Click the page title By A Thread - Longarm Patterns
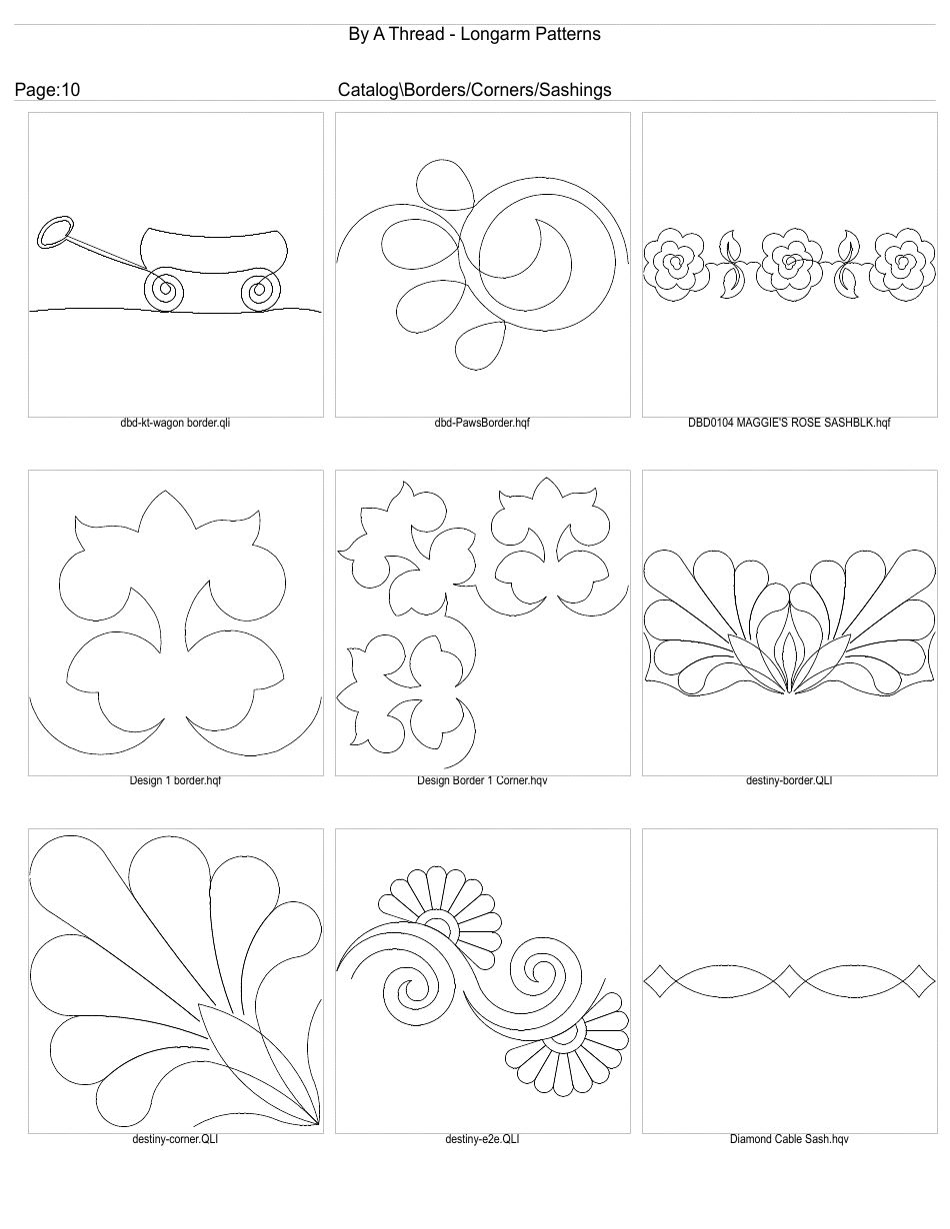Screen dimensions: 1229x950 (474, 34)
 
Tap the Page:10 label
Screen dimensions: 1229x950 (47, 90)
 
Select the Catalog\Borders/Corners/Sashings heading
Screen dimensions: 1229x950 (475, 90)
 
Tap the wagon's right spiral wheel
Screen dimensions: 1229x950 (259, 291)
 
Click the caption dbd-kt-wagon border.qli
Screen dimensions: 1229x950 (176, 423)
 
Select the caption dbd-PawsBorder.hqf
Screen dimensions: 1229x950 (482, 423)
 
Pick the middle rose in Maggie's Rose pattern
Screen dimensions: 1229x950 (790, 262)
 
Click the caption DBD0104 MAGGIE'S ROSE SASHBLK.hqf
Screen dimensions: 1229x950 (789, 423)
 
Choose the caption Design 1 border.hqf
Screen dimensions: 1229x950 (176, 780)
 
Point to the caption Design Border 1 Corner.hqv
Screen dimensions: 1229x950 (482, 780)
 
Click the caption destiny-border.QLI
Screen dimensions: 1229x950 (789, 780)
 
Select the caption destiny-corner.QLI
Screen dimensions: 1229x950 (176, 1138)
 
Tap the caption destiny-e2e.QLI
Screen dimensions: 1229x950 (482, 1138)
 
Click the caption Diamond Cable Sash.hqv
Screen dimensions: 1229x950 (789, 1138)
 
